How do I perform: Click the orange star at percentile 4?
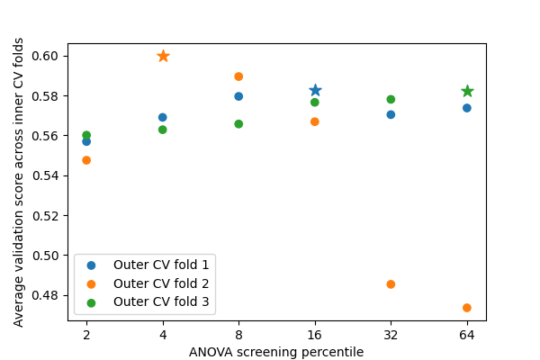pyautogui.click(x=163, y=56)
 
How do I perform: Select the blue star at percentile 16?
pyautogui.click(x=315, y=90)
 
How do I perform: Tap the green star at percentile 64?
pyautogui.click(x=467, y=91)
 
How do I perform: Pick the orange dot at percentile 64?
pyautogui.click(x=467, y=308)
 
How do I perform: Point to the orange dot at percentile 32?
pyautogui.click(x=391, y=284)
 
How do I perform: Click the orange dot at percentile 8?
pyautogui.click(x=238, y=76)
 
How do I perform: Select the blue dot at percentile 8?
pyautogui.click(x=238, y=96)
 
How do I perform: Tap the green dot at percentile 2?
pyautogui.click(x=86, y=135)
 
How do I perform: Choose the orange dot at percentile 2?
pyautogui.click(x=86, y=160)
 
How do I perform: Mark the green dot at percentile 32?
pyautogui.click(x=391, y=99)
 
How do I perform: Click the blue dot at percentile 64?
pyautogui.click(x=467, y=108)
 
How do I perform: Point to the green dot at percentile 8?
pyautogui.click(x=238, y=124)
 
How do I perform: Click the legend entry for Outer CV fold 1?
pyautogui.click(x=148, y=265)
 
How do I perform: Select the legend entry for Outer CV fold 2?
pyautogui.click(x=148, y=283)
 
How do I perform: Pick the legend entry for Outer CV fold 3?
pyautogui.click(x=148, y=302)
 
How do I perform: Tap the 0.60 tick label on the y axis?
pyautogui.click(x=45, y=56)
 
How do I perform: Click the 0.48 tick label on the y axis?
pyautogui.click(x=45, y=295)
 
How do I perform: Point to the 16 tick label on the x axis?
pyautogui.click(x=315, y=335)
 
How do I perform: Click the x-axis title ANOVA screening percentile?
pyautogui.click(x=276, y=352)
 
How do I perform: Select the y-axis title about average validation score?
pyautogui.click(x=18, y=182)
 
